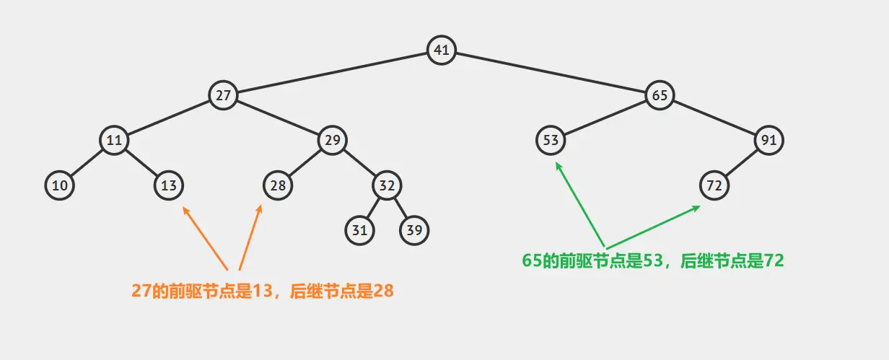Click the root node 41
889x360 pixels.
(441, 50)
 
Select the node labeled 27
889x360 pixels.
(223, 95)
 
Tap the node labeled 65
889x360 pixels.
(659, 95)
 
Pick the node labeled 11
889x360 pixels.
(114, 140)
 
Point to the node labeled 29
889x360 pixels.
(332, 140)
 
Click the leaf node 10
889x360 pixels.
(60, 185)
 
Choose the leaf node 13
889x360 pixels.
(169, 185)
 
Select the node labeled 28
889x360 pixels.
(278, 185)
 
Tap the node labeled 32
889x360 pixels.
(387, 185)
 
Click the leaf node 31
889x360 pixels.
(359, 230)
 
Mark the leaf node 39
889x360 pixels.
(414, 230)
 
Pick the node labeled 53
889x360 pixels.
(551, 140)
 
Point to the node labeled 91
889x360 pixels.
(768, 140)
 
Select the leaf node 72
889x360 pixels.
(714, 185)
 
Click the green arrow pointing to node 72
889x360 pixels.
(653, 227)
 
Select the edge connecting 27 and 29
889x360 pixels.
(278, 118)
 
